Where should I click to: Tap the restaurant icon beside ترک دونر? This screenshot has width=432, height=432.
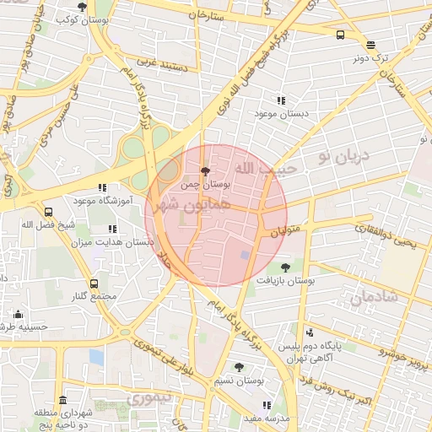click(371, 45)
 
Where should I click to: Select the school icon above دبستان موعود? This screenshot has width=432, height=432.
click(281, 100)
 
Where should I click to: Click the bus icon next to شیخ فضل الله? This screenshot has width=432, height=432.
click(48, 212)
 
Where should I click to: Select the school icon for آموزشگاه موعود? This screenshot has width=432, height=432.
click(101, 187)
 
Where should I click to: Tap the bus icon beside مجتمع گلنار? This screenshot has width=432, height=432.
click(93, 284)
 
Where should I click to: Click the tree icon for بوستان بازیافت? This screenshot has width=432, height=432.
click(286, 267)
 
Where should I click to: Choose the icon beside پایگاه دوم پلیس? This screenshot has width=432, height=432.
click(310, 332)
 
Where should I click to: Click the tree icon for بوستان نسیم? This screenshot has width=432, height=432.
click(240, 368)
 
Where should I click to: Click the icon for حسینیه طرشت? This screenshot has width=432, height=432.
click(18, 315)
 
